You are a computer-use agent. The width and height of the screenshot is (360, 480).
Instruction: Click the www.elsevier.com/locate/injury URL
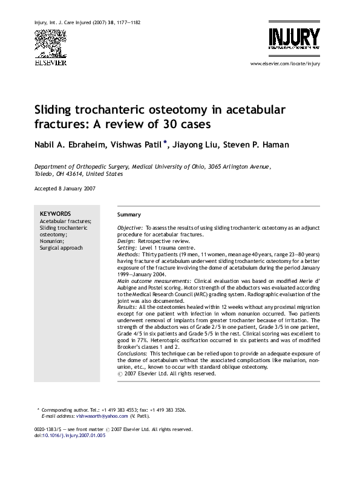click(x=284, y=63)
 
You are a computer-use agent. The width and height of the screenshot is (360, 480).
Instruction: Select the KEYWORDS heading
click(x=55, y=213)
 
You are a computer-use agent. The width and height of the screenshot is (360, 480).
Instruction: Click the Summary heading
click(x=129, y=215)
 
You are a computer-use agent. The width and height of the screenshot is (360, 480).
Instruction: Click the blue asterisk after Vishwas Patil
click(x=165, y=141)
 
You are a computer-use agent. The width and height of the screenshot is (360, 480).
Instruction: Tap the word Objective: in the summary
click(x=130, y=227)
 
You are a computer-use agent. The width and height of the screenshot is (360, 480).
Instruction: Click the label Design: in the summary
click(x=127, y=240)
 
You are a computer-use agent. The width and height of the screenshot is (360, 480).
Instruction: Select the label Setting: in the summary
click(x=128, y=247)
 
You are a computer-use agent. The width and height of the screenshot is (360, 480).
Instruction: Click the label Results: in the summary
click(x=128, y=307)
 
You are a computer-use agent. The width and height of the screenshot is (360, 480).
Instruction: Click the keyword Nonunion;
click(x=53, y=241)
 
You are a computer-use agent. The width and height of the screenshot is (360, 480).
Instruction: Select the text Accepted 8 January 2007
click(x=64, y=189)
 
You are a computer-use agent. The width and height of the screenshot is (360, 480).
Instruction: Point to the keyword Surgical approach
click(x=61, y=248)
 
